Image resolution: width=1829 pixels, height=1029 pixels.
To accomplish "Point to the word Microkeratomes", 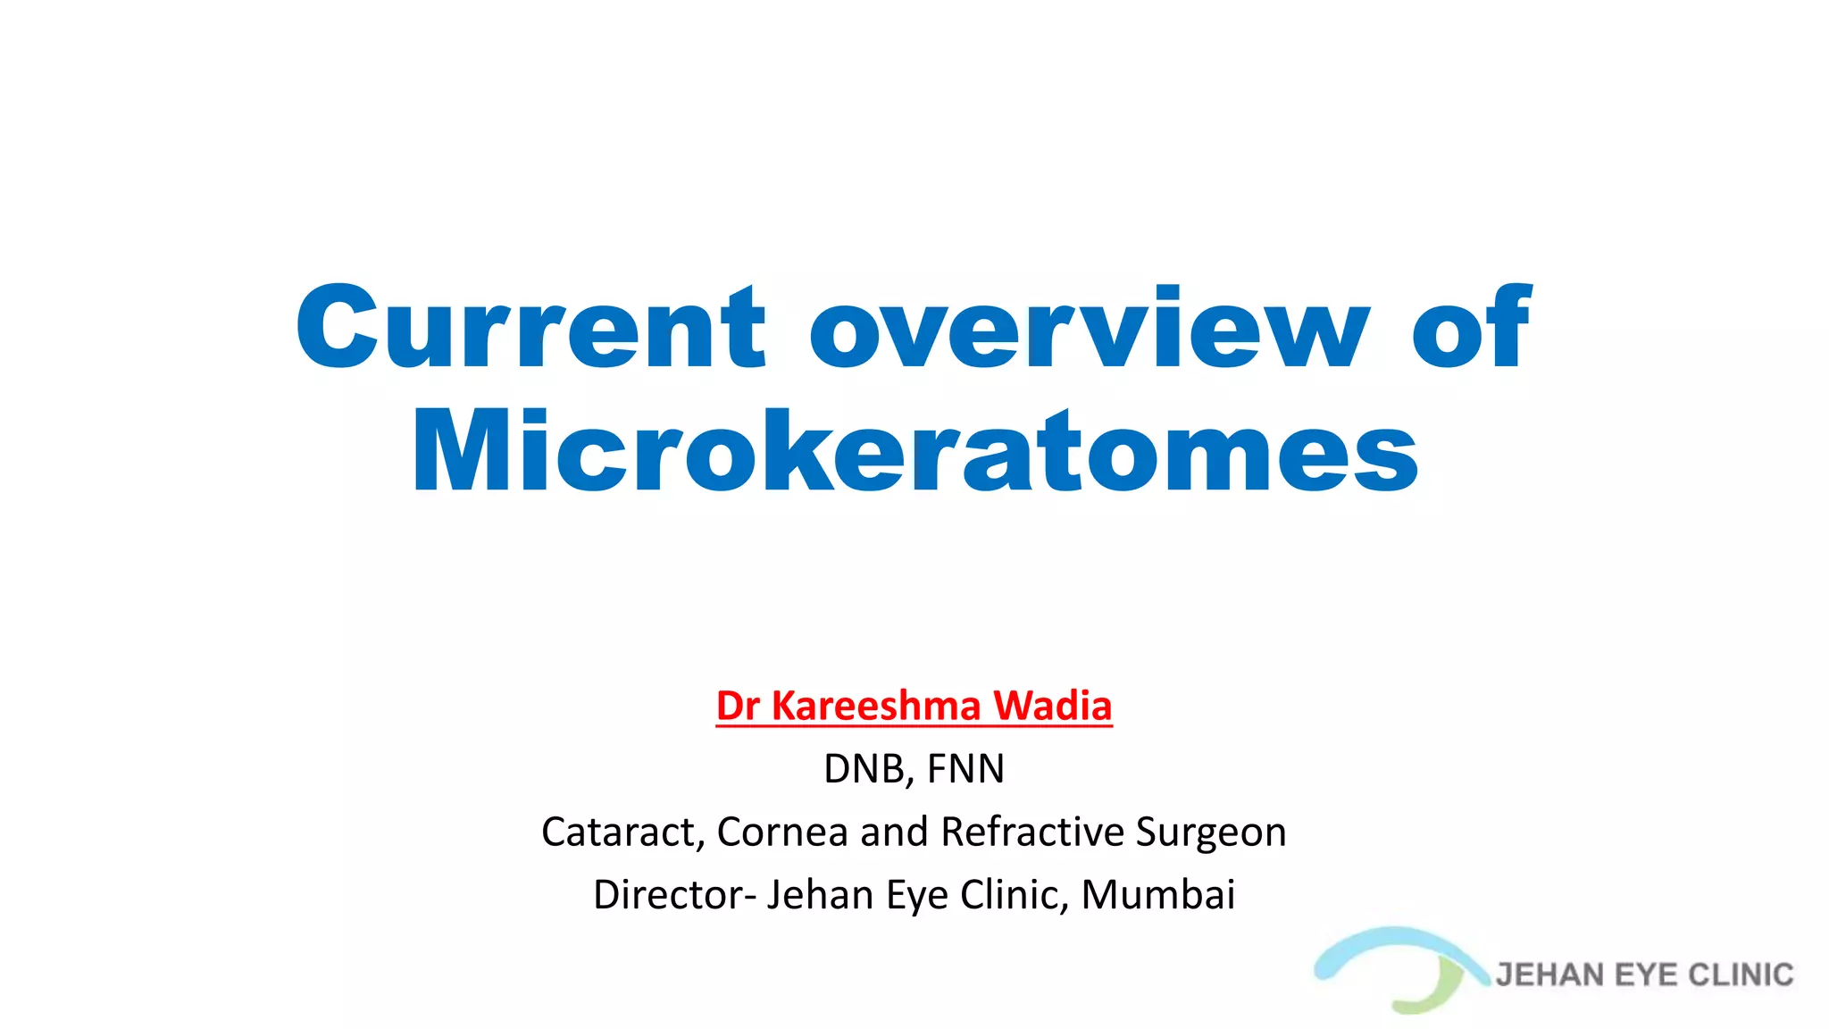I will (914, 452).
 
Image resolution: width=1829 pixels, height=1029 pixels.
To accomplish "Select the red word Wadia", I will (1053, 706).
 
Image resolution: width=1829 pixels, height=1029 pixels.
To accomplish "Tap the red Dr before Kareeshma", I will (738, 706).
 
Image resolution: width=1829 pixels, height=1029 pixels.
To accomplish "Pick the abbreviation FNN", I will (965, 769).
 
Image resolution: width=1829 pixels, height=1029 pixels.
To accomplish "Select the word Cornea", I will (781, 832).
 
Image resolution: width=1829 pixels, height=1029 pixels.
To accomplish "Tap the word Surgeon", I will (1211, 832).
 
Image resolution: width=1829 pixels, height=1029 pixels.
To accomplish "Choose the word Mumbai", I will (1158, 895).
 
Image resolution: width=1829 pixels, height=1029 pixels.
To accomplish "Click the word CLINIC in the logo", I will (1741, 975).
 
